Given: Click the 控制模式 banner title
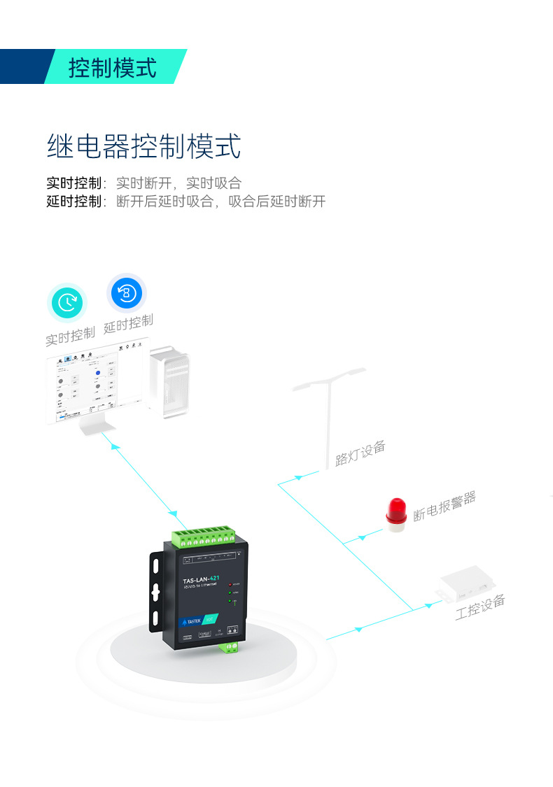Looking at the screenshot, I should [112, 68].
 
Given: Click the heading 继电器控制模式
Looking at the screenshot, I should [143, 147].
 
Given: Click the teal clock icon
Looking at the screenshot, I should [67, 303].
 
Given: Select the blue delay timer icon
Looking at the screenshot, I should [126, 292].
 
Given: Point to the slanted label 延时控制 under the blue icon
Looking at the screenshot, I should [128, 323].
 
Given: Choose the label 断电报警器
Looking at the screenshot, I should [444, 506].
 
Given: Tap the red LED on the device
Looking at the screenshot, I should [228, 583].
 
